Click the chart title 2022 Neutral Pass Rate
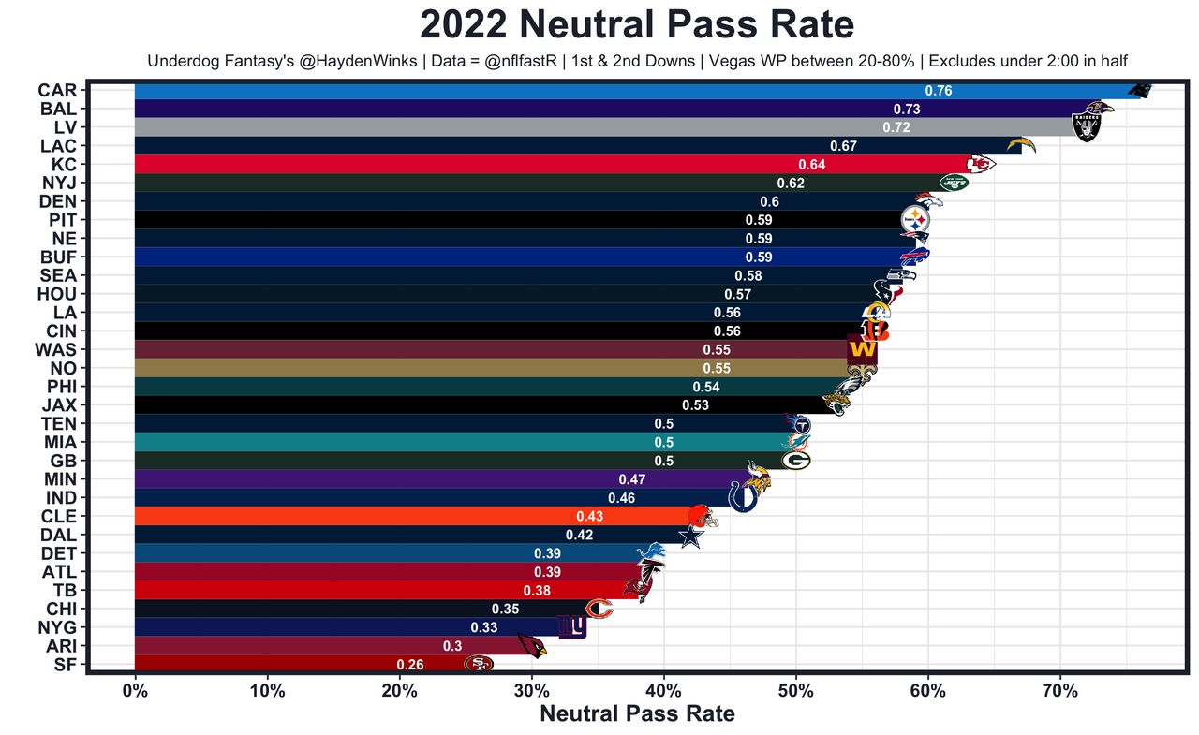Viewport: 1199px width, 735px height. tap(636, 25)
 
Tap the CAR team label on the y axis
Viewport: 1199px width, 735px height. tap(57, 91)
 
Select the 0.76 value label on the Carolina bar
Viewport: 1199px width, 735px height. tap(938, 91)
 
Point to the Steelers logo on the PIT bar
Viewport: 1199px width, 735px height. tap(915, 220)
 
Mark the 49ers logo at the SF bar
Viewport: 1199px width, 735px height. tap(479, 664)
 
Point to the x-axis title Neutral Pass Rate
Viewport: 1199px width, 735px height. tap(637, 714)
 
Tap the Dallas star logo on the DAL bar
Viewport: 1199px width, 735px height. tap(690, 536)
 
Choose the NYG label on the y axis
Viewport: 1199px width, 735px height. tap(57, 627)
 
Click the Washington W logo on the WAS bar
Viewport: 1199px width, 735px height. tap(861, 350)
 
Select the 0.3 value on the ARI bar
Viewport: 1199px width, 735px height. tap(452, 646)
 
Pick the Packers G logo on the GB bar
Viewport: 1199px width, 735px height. tap(796, 461)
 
